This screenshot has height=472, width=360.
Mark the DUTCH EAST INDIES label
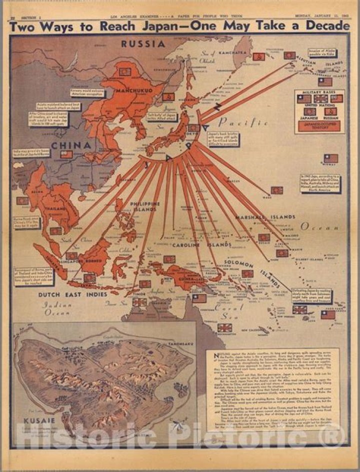[72, 295]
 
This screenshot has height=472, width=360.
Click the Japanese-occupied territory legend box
[320, 125]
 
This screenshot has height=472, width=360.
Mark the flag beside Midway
[330, 159]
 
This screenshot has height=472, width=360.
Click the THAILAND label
[54, 208]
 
